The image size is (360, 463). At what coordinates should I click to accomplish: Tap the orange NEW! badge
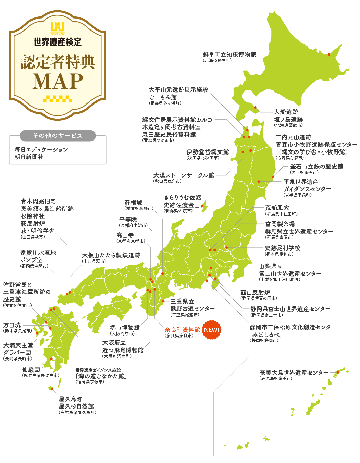click(x=212, y=330)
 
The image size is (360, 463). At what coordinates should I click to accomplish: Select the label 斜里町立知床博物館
click(x=229, y=54)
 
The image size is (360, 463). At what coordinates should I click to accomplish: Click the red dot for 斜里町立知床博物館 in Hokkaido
click(x=329, y=54)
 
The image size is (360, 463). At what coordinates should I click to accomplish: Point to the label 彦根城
click(x=133, y=203)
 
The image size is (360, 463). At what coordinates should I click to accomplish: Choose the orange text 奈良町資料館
click(x=182, y=330)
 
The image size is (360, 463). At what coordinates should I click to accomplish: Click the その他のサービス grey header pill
click(x=58, y=136)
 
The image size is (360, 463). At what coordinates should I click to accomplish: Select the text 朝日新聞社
click(x=29, y=157)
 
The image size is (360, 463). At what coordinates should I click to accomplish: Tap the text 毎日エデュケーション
click(x=41, y=150)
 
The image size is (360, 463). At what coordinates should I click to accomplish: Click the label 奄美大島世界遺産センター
click(x=294, y=373)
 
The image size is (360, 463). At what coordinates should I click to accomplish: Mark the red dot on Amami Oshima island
click(x=338, y=372)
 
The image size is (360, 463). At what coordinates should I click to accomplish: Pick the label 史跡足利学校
click(x=283, y=248)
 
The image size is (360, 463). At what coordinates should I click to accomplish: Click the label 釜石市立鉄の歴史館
click(x=317, y=167)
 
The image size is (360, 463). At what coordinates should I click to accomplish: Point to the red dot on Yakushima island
click(x=52, y=389)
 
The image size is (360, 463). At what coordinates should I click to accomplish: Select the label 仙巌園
click(x=31, y=369)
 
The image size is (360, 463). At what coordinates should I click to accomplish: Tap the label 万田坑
click(x=12, y=325)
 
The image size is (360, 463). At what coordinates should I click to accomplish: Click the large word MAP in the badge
click(x=58, y=81)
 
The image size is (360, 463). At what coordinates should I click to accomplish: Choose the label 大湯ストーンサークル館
click(x=184, y=175)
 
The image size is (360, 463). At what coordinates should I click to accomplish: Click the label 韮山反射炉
click(x=255, y=292)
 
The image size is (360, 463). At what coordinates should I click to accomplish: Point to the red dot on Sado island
click(x=202, y=206)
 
